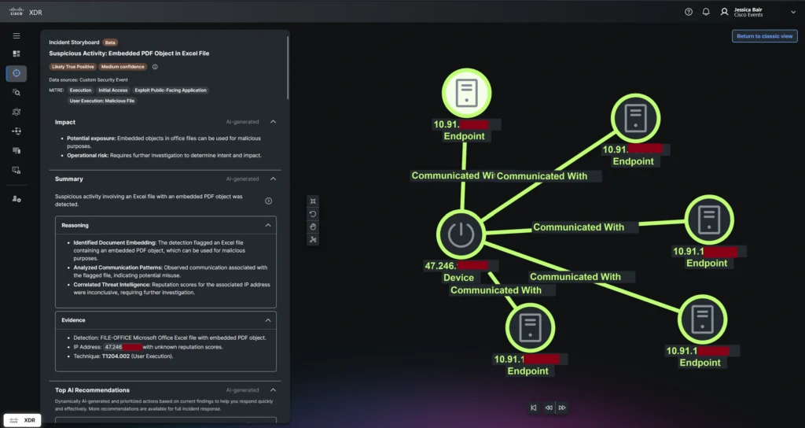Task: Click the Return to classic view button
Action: pyautogui.click(x=765, y=36)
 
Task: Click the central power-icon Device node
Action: pyautogui.click(x=462, y=234)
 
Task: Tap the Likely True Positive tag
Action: pyautogui.click(x=72, y=67)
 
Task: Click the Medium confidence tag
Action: pyautogui.click(x=123, y=67)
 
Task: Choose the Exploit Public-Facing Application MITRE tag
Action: pyautogui.click(x=171, y=90)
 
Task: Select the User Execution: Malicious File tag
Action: pyautogui.click(x=102, y=101)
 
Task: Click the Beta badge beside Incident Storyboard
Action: pyautogui.click(x=111, y=42)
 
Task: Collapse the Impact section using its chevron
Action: pyautogui.click(x=273, y=122)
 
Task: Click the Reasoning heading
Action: pyautogui.click(x=75, y=225)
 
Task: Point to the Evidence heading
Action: pyautogui.click(x=73, y=320)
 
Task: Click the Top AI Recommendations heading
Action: pyautogui.click(x=92, y=389)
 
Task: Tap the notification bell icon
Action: pyautogui.click(x=706, y=12)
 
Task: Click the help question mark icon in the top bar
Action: pyautogui.click(x=689, y=12)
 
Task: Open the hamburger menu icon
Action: pyautogui.click(x=17, y=35)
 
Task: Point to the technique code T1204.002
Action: pyautogui.click(x=119, y=356)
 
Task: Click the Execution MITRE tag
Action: pyautogui.click(x=80, y=90)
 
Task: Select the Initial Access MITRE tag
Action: pyautogui.click(x=114, y=90)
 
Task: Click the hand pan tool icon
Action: pyautogui.click(x=314, y=227)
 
